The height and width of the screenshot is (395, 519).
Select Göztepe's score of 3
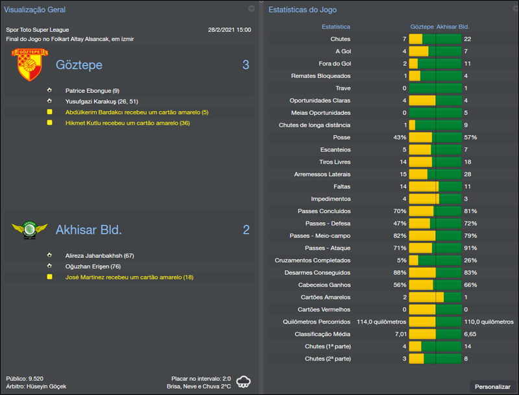(246, 65)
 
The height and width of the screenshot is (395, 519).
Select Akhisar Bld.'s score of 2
(246, 230)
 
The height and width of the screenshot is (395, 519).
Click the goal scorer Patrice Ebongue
(92, 91)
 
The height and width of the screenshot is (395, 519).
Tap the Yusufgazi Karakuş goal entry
(101, 101)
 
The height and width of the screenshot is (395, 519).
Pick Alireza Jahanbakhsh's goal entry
(99, 256)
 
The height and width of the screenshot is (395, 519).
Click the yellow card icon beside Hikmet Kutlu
(49, 123)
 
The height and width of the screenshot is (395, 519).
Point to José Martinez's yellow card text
(129, 277)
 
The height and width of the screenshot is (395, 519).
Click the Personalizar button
(492, 387)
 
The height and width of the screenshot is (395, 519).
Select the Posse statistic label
(341, 138)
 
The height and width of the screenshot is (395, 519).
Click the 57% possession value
(470, 138)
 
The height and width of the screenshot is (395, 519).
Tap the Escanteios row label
(335, 149)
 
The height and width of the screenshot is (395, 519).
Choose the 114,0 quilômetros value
(381, 322)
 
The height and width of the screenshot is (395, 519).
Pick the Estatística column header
(336, 27)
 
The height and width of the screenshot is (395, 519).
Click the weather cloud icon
(244, 381)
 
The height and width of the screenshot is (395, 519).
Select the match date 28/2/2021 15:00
(229, 30)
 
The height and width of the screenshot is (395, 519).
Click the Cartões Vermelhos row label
(324, 309)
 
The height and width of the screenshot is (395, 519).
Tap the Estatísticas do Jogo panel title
(303, 10)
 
